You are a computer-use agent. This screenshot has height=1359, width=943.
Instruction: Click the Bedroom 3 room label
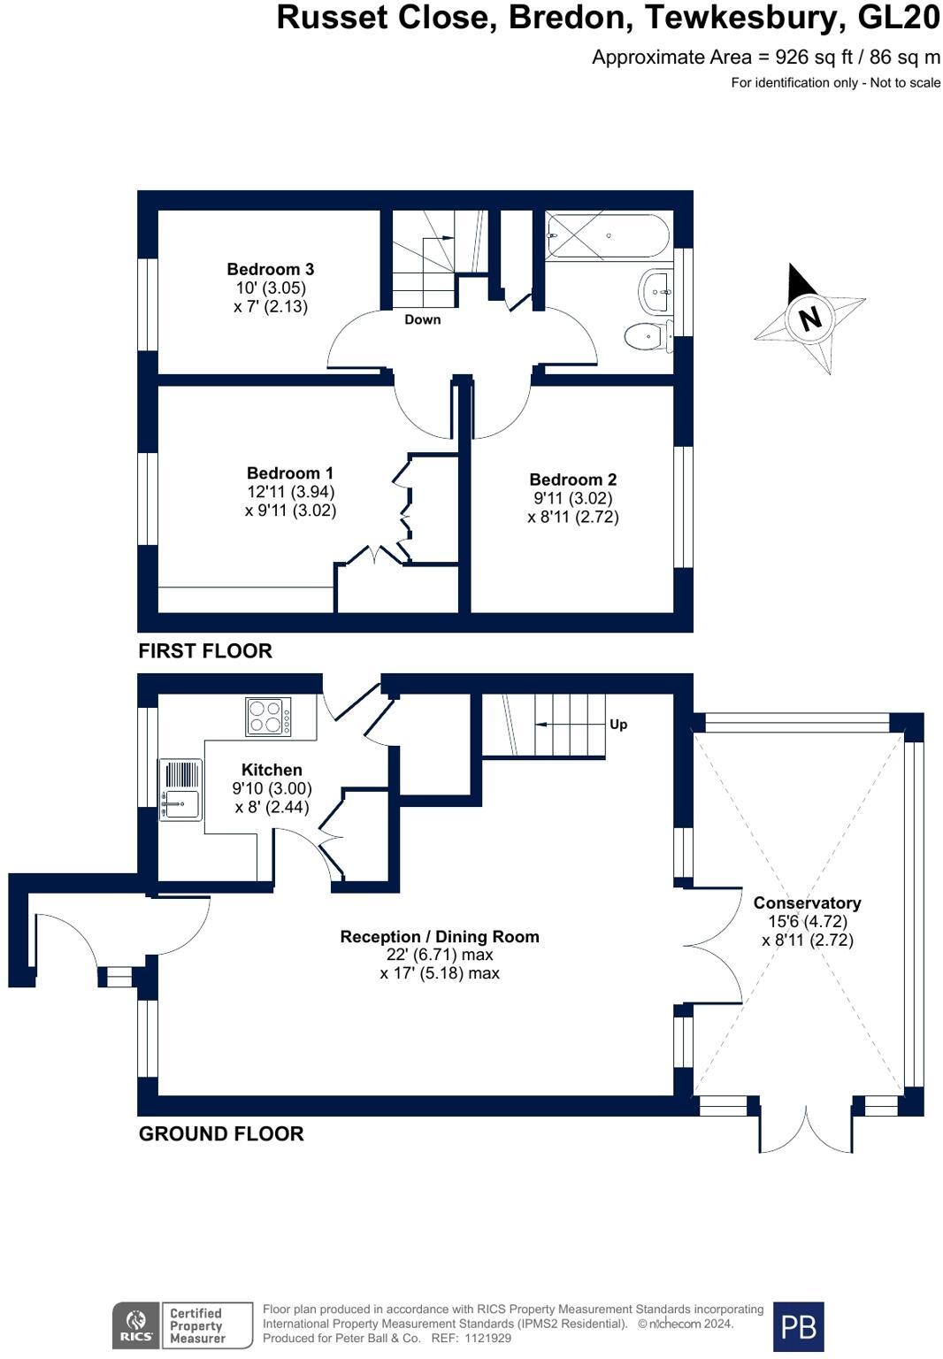(x=270, y=269)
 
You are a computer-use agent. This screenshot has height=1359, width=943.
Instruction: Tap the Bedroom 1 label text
(x=290, y=473)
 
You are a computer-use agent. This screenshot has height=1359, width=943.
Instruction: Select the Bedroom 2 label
(x=572, y=480)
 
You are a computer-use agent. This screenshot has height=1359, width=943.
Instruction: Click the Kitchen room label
(x=272, y=770)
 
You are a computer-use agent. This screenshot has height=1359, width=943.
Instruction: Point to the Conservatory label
(x=807, y=903)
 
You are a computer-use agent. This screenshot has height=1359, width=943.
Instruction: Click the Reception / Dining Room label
(x=440, y=937)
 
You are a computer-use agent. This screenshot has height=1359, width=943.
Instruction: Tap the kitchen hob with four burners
(x=268, y=717)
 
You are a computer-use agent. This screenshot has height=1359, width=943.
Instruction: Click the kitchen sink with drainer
(x=180, y=789)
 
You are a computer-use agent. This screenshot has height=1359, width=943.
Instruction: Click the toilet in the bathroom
(x=646, y=336)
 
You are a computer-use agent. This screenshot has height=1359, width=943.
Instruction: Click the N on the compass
(x=809, y=317)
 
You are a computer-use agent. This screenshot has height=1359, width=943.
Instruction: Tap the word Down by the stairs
(x=422, y=319)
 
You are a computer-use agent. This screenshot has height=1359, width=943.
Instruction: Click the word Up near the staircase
(x=618, y=724)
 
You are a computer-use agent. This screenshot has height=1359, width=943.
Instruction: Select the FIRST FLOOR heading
(x=205, y=651)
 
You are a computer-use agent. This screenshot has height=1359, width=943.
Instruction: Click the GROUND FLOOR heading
(x=221, y=1133)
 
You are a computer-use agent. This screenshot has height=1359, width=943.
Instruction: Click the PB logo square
(x=798, y=1326)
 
